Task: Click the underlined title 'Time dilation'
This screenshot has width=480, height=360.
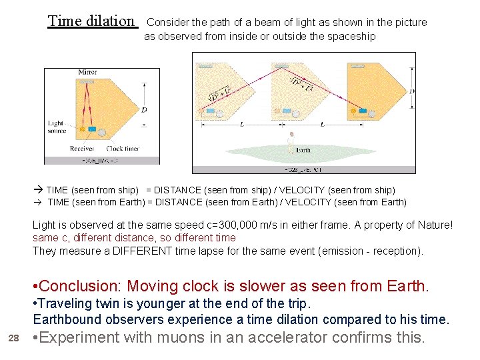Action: (91, 21)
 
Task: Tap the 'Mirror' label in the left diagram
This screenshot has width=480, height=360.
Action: (87, 72)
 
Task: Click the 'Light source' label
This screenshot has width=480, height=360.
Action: (56, 127)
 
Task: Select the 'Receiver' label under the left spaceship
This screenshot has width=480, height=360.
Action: (82, 149)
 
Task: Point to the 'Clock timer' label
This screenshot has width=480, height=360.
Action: (123, 149)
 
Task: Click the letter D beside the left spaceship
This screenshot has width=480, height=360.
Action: (144, 110)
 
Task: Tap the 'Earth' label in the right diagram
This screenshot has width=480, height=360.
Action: (303, 150)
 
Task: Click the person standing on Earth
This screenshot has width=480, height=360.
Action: (291, 140)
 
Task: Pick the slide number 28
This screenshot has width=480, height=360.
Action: (13, 339)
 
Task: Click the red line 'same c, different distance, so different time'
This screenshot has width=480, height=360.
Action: (134, 238)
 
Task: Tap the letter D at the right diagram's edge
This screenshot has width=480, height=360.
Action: (411, 91)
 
